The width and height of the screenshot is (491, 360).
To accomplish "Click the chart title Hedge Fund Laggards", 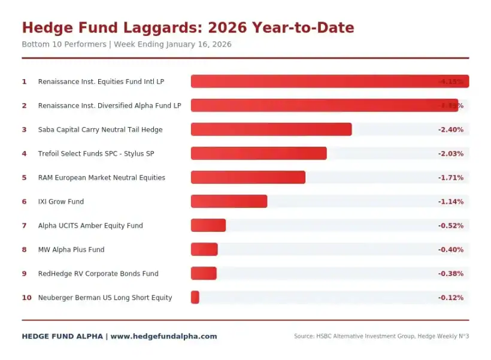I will (x=187, y=28).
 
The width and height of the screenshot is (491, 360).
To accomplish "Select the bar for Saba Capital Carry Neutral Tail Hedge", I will (x=271, y=129).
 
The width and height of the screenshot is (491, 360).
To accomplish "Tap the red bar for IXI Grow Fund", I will (x=229, y=201).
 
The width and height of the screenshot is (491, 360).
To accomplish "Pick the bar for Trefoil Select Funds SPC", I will (x=259, y=153).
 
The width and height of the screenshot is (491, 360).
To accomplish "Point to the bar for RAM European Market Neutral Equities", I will (x=248, y=177).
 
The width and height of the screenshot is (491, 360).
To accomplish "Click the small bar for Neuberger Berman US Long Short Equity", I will (x=195, y=297).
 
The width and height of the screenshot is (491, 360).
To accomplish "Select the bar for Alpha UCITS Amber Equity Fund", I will (x=208, y=225).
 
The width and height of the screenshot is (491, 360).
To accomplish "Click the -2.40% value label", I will (x=450, y=129).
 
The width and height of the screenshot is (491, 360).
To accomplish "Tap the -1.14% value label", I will (x=450, y=202).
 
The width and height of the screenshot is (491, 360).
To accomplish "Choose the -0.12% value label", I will (x=450, y=298).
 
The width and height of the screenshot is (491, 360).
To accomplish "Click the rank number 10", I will (x=26, y=298).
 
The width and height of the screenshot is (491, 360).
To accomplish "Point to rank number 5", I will (x=25, y=178).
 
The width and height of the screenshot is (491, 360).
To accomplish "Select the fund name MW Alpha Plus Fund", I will (x=71, y=250).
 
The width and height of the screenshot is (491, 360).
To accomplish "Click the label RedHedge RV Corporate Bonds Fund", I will (x=98, y=274).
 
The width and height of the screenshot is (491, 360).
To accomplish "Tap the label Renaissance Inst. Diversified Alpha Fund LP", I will (x=110, y=105).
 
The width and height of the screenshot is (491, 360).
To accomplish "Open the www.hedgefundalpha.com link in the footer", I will (x=163, y=337).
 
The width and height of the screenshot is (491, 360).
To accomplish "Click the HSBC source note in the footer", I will (x=381, y=337).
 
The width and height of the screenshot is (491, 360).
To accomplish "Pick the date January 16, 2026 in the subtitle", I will (x=199, y=44).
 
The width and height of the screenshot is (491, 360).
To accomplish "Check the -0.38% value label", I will (x=450, y=274).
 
